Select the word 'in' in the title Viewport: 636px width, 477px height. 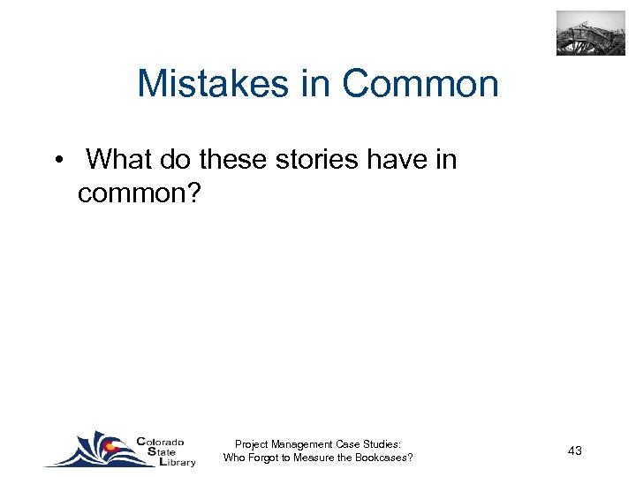[x=322, y=84]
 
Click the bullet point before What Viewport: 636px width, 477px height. [x=57, y=160]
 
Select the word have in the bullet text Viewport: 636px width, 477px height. [x=397, y=159]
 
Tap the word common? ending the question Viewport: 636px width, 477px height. [x=140, y=192]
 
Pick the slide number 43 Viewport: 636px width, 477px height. [x=575, y=450]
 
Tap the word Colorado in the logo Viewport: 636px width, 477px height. [x=161, y=442]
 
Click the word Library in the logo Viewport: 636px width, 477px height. [x=174, y=462]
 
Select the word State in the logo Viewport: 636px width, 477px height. [x=155, y=451]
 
